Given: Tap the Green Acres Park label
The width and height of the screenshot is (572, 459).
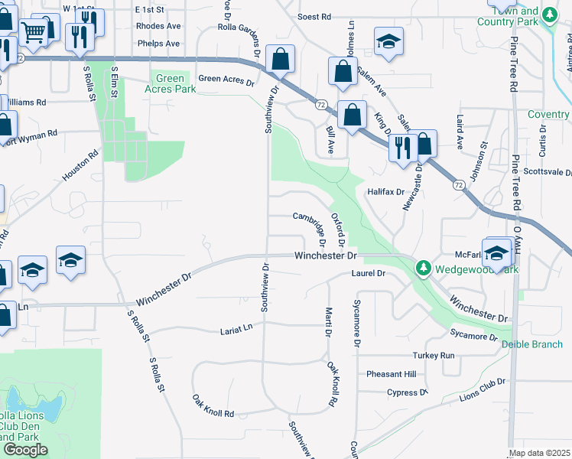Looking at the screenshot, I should point(170,83).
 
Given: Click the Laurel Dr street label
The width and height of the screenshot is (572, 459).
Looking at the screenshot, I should point(366,273).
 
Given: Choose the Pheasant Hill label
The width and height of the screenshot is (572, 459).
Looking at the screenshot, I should point(391,374).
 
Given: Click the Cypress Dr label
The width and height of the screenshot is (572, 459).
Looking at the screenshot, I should point(408,392).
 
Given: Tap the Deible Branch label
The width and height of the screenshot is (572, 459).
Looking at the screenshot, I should point(532,344).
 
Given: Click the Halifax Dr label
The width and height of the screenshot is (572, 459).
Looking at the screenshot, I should point(385,191).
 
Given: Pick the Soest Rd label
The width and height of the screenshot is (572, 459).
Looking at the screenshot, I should point(314,16).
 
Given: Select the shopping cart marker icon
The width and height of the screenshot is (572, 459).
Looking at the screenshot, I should point(33,31).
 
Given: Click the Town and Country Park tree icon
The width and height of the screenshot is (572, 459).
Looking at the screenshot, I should point(548,14).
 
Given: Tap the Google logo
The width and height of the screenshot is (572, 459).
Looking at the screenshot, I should point(24,450).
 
